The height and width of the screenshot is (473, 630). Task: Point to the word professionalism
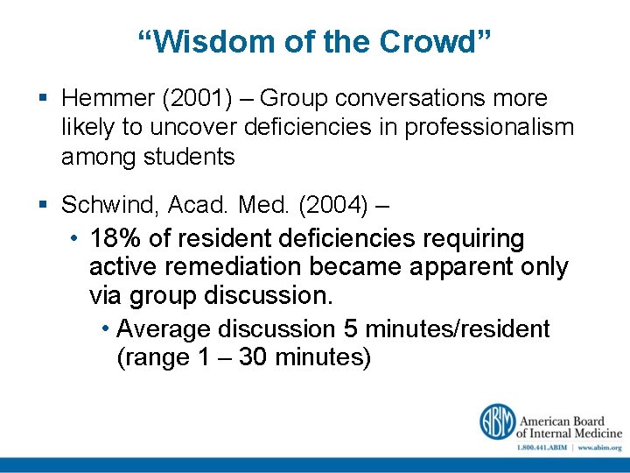tap(487, 128)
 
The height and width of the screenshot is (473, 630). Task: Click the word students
tap(192, 157)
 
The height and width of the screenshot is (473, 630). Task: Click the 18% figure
tap(115, 239)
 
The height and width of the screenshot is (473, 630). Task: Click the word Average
tap(164, 329)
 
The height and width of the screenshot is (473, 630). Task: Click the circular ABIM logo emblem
tap(496, 421)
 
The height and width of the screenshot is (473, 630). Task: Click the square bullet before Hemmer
tap(45, 99)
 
